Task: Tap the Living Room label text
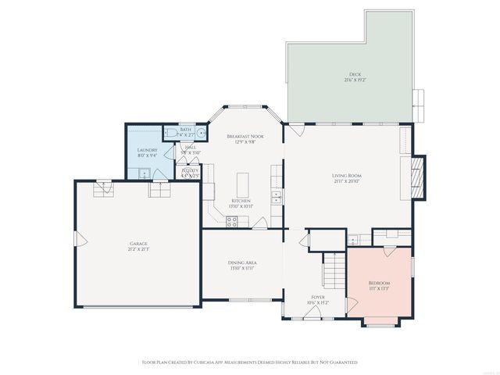tap(346, 175)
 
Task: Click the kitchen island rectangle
tap(242, 186)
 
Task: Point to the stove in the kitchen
tap(232, 220)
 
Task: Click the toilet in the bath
tap(170, 134)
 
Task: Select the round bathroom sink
tap(201, 134)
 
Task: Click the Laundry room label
tap(147, 150)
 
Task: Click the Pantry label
tap(190, 170)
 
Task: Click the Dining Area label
tap(243, 262)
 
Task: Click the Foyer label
tap(318, 297)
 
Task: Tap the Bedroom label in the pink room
tap(379, 282)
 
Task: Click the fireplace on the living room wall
tap(418, 176)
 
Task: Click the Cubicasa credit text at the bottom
tap(249, 362)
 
